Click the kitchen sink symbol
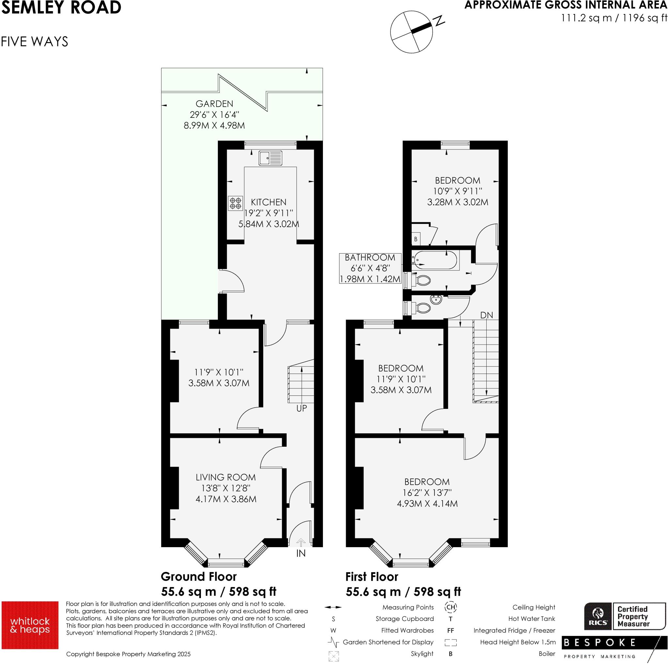click(x=270, y=158)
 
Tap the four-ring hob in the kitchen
click(x=235, y=203)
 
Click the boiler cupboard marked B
click(x=416, y=239)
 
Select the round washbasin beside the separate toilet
click(x=435, y=300)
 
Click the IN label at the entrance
click(x=301, y=553)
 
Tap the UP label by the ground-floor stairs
click(x=301, y=409)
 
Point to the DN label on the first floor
click(x=486, y=315)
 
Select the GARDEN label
click(x=214, y=104)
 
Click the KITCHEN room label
click(x=269, y=202)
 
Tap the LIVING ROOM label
click(x=226, y=477)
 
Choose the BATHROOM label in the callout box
click(x=370, y=258)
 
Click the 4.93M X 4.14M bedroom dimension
click(x=427, y=503)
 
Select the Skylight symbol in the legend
click(x=334, y=656)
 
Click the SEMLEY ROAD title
click(x=61, y=8)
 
